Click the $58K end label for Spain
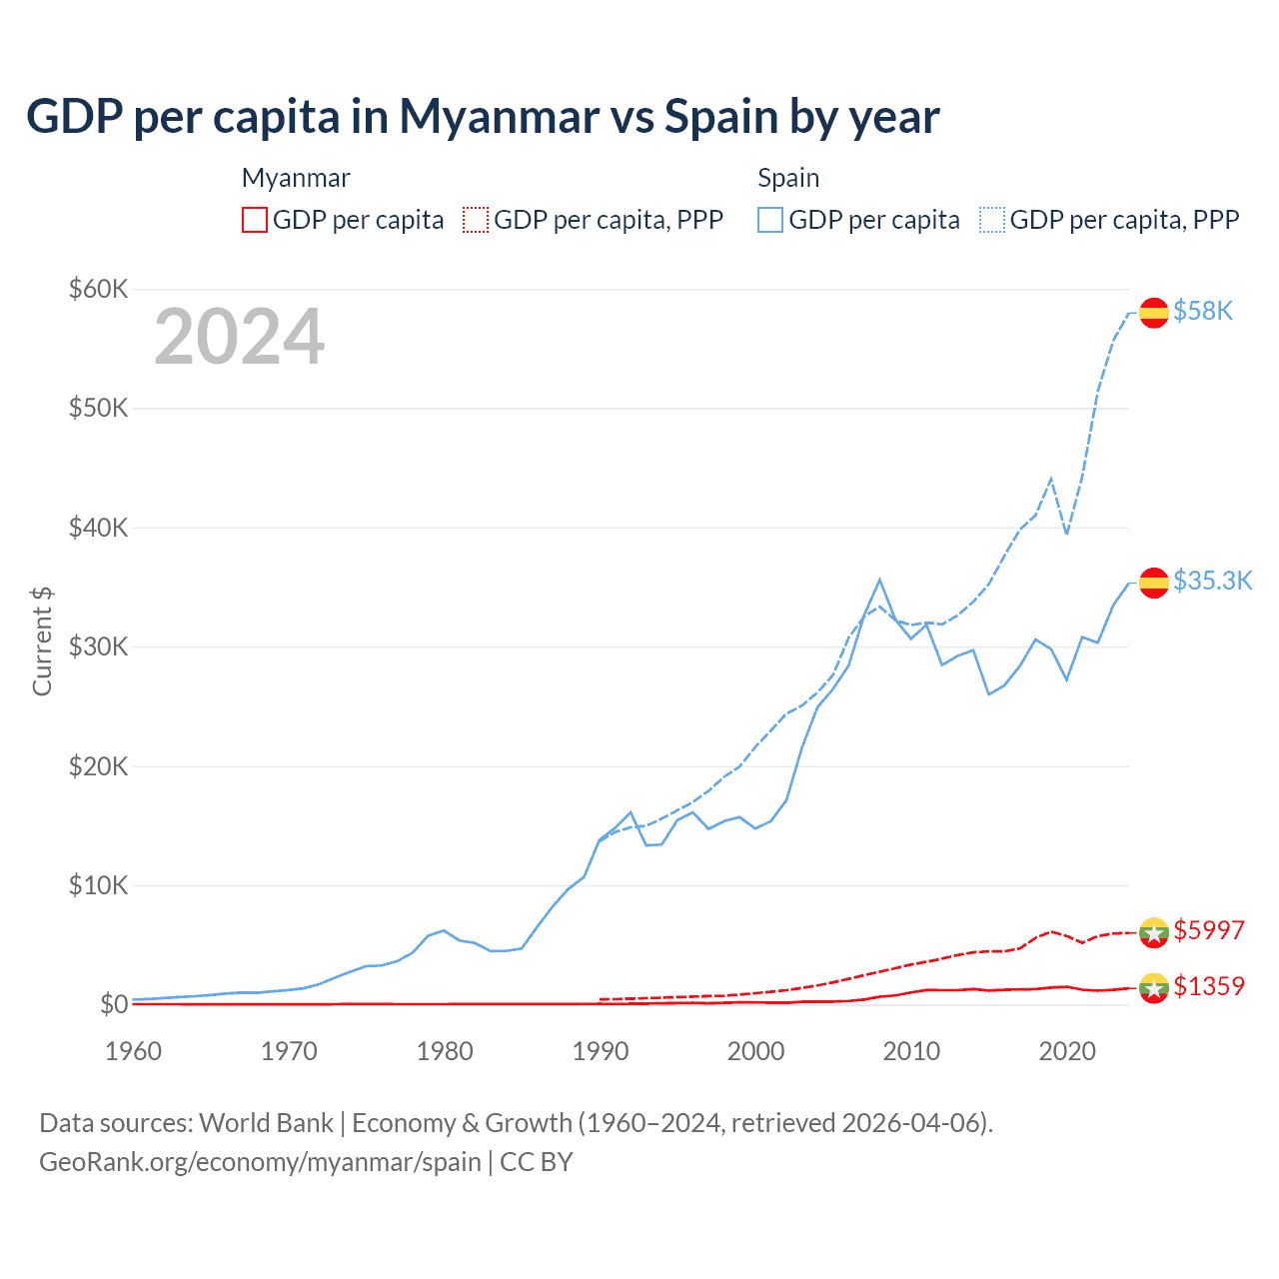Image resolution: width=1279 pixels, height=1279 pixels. click(x=1203, y=311)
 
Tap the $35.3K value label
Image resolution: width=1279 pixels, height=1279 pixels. click(x=1212, y=581)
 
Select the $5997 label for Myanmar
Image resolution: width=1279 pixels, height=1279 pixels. click(x=1208, y=930)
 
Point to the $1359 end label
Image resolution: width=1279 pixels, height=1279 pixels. click(x=1208, y=986)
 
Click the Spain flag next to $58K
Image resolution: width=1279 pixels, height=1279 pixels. click(x=1154, y=313)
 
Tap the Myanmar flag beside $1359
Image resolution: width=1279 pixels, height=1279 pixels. click(x=1154, y=988)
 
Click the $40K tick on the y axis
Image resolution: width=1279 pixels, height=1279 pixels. click(x=98, y=528)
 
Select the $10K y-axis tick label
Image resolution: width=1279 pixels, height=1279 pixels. click(x=98, y=885)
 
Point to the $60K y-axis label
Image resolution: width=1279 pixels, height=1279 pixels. click(x=98, y=289)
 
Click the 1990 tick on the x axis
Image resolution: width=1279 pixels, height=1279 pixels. click(x=601, y=1051)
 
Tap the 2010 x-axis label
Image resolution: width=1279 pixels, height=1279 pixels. click(x=911, y=1051)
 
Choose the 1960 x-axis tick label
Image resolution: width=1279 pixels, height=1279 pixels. click(x=133, y=1051)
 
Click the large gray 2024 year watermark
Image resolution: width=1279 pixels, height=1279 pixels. click(x=239, y=337)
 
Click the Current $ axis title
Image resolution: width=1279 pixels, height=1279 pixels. click(x=42, y=640)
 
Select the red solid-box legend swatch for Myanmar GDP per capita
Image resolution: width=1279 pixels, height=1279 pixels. click(x=255, y=220)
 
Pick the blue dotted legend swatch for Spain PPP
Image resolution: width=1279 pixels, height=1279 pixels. click(x=992, y=220)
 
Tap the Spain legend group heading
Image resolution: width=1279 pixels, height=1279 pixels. click(x=788, y=178)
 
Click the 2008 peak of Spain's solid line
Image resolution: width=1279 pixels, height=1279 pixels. click(x=879, y=580)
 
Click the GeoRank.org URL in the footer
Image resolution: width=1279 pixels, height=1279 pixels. click(x=260, y=1162)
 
